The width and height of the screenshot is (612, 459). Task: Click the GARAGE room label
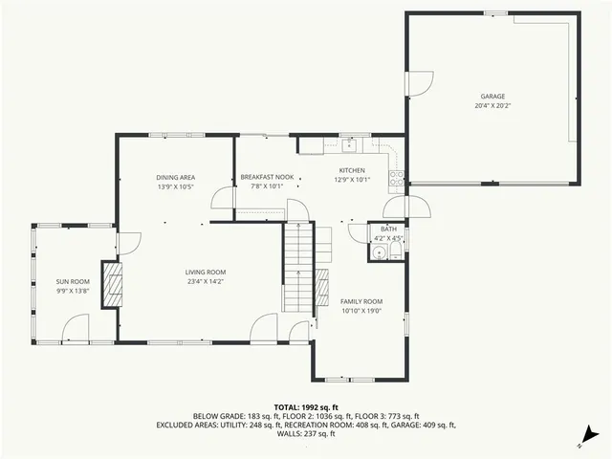tap(492, 97)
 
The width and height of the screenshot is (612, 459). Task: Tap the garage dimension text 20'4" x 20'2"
tap(492, 106)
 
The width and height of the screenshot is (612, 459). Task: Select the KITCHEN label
tap(352, 170)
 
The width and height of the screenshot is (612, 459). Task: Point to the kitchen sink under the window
tap(350, 146)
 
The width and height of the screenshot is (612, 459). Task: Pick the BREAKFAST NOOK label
tap(267, 177)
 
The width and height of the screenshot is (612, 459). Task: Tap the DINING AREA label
tap(176, 177)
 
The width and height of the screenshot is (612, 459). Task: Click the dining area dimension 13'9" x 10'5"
tap(176, 186)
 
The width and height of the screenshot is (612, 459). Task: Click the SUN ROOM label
tap(72, 280)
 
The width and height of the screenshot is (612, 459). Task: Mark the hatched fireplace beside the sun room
tap(114, 284)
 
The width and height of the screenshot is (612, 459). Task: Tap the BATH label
tap(388, 229)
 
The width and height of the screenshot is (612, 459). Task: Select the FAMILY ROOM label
tap(361, 301)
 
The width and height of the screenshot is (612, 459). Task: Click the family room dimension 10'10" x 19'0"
tap(361, 311)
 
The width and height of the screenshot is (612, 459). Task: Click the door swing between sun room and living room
tap(124, 243)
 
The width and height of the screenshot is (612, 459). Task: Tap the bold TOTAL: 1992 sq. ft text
tap(306, 406)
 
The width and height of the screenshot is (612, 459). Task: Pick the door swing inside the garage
tap(417, 86)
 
